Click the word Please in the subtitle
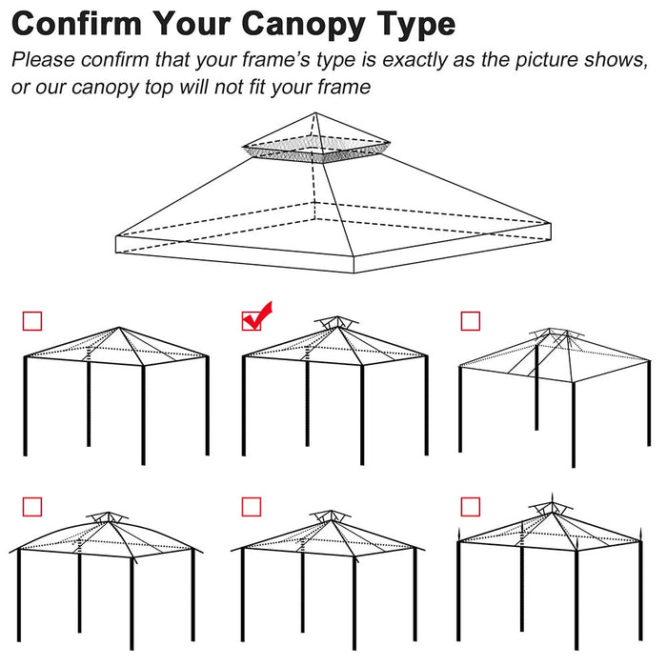click(x=43, y=60)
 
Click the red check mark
click(x=255, y=317)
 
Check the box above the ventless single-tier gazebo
click(x=31, y=321)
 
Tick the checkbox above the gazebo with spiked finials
click(x=470, y=505)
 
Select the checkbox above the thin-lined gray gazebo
click(x=470, y=321)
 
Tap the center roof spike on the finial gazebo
click(x=555, y=500)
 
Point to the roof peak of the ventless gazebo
click(x=118, y=329)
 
